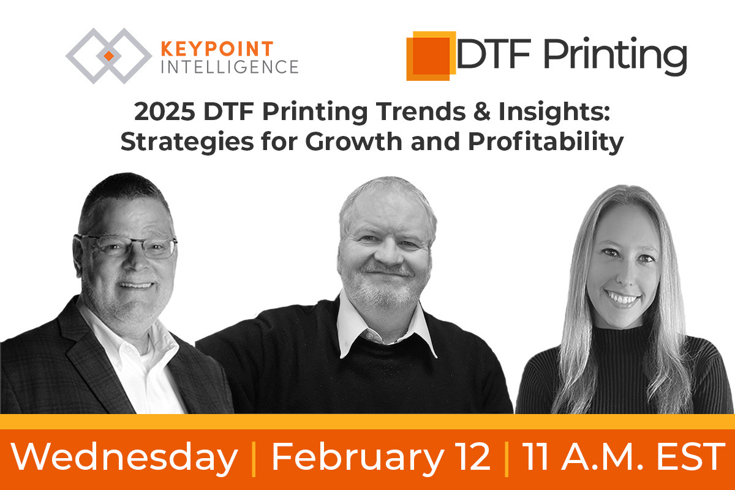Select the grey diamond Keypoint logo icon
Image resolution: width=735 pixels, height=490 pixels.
(x=108, y=56)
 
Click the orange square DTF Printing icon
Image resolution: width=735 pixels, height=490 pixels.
(x=429, y=56)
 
